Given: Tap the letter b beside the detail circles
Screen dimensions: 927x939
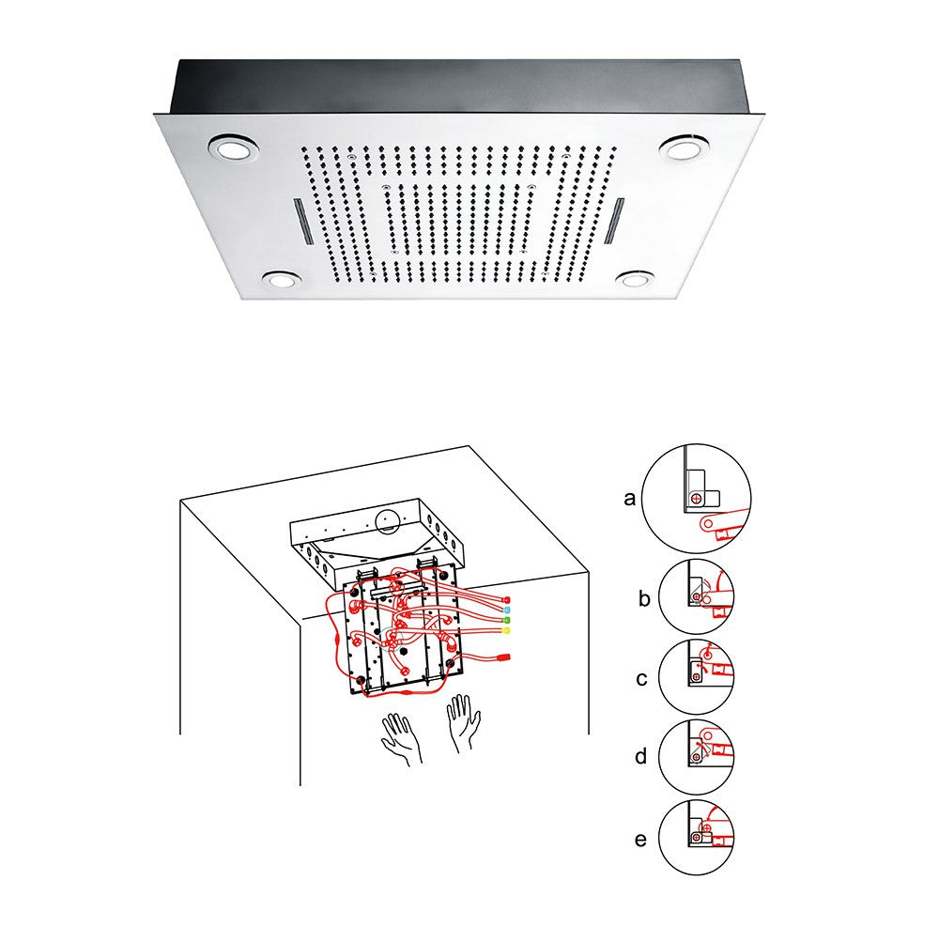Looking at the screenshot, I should click(643, 597).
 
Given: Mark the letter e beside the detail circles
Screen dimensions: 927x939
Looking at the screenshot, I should click(641, 838).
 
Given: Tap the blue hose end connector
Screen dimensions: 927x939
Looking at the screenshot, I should click(507, 611).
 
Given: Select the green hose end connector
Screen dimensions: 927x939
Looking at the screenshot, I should click(507, 622).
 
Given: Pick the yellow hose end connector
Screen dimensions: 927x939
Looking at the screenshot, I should click(507, 632).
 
